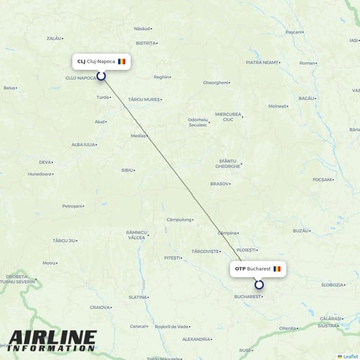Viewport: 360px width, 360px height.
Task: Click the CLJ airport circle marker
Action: click(x=101, y=75)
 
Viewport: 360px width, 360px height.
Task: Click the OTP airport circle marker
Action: click(x=259, y=284)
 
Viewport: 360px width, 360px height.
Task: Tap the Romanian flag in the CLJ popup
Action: click(x=122, y=61)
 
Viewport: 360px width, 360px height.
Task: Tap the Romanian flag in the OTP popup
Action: click(x=277, y=269)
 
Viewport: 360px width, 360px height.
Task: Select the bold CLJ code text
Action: click(x=81, y=61)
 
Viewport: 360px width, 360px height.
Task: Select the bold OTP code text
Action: click(x=240, y=269)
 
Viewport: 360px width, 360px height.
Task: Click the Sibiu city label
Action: click(x=127, y=171)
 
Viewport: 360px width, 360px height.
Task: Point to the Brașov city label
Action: click(x=220, y=184)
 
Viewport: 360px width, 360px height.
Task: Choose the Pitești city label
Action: click(x=172, y=257)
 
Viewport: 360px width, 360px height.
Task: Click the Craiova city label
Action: click(x=100, y=307)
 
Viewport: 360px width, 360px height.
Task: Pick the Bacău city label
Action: click(x=306, y=97)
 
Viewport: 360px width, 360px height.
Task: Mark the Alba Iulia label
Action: click(x=84, y=144)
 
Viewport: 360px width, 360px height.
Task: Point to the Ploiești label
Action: click(x=247, y=250)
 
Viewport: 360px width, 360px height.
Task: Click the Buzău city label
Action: click(x=301, y=230)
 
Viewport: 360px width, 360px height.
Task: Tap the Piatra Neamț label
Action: click(x=261, y=63)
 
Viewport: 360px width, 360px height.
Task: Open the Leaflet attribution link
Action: click(x=351, y=356)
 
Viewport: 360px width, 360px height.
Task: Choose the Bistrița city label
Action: click(x=145, y=43)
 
